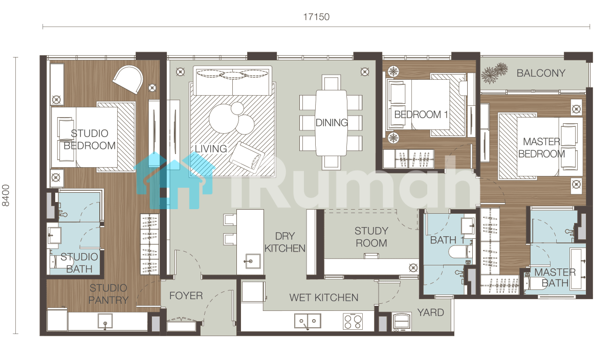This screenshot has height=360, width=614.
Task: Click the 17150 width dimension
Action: point(316,17)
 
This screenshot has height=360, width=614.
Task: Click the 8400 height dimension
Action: point(6,195)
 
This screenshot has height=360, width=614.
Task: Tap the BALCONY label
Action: point(541,73)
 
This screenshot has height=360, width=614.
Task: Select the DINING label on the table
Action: point(332,122)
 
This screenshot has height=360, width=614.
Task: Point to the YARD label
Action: point(430,312)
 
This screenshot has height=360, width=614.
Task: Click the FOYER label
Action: point(186,296)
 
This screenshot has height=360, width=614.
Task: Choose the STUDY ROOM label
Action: point(371,237)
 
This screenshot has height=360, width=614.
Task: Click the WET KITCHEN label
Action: point(324,298)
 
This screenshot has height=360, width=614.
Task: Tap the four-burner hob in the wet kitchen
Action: point(353,321)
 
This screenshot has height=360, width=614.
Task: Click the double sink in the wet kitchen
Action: point(308,321)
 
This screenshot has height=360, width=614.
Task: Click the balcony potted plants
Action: point(494,73)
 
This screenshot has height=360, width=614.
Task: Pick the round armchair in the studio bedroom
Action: point(128,79)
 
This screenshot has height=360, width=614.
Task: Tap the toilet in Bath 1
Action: point(461,252)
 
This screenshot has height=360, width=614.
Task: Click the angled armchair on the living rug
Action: point(247,157)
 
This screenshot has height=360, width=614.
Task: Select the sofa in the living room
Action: point(232,81)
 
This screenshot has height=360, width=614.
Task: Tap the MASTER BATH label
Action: point(555,278)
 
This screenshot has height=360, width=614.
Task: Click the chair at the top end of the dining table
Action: point(331,82)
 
